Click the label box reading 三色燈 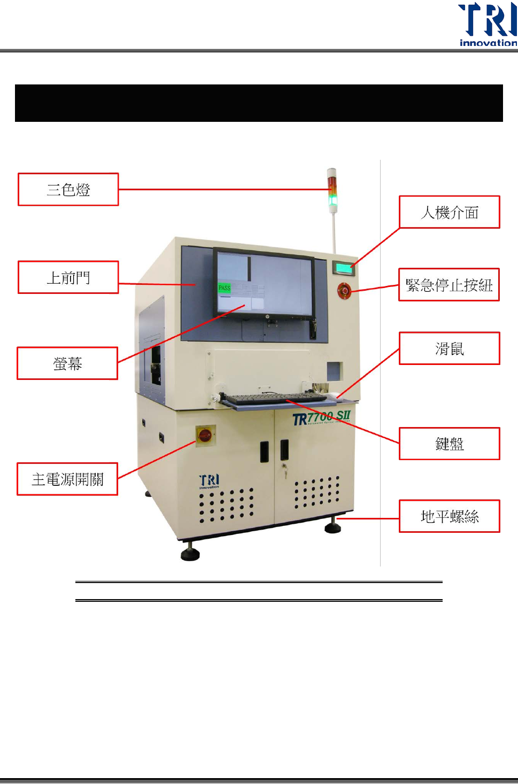pyautogui.click(x=68, y=189)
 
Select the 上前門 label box pyautogui.click(x=68, y=277)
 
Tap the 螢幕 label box pyautogui.click(x=67, y=363)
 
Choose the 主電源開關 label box pyautogui.click(x=67, y=479)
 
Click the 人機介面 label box pyautogui.click(x=450, y=212)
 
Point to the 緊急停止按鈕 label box pyautogui.click(x=449, y=285)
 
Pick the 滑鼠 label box pyautogui.click(x=450, y=348)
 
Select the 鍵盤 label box pyautogui.click(x=450, y=444)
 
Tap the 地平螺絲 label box pyautogui.click(x=450, y=516)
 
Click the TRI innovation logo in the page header pyautogui.click(x=488, y=25)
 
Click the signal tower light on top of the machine pyautogui.click(x=333, y=190)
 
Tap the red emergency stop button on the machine pyautogui.click(x=344, y=290)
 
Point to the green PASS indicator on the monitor pyautogui.click(x=225, y=288)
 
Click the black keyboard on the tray pyautogui.click(x=275, y=398)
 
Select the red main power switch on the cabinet pyautogui.click(x=205, y=436)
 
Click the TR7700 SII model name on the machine pyautogui.click(x=321, y=417)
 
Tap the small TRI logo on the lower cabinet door pyautogui.click(x=209, y=481)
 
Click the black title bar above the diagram pyautogui.click(x=259, y=103)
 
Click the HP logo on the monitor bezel pyautogui.click(x=266, y=316)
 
